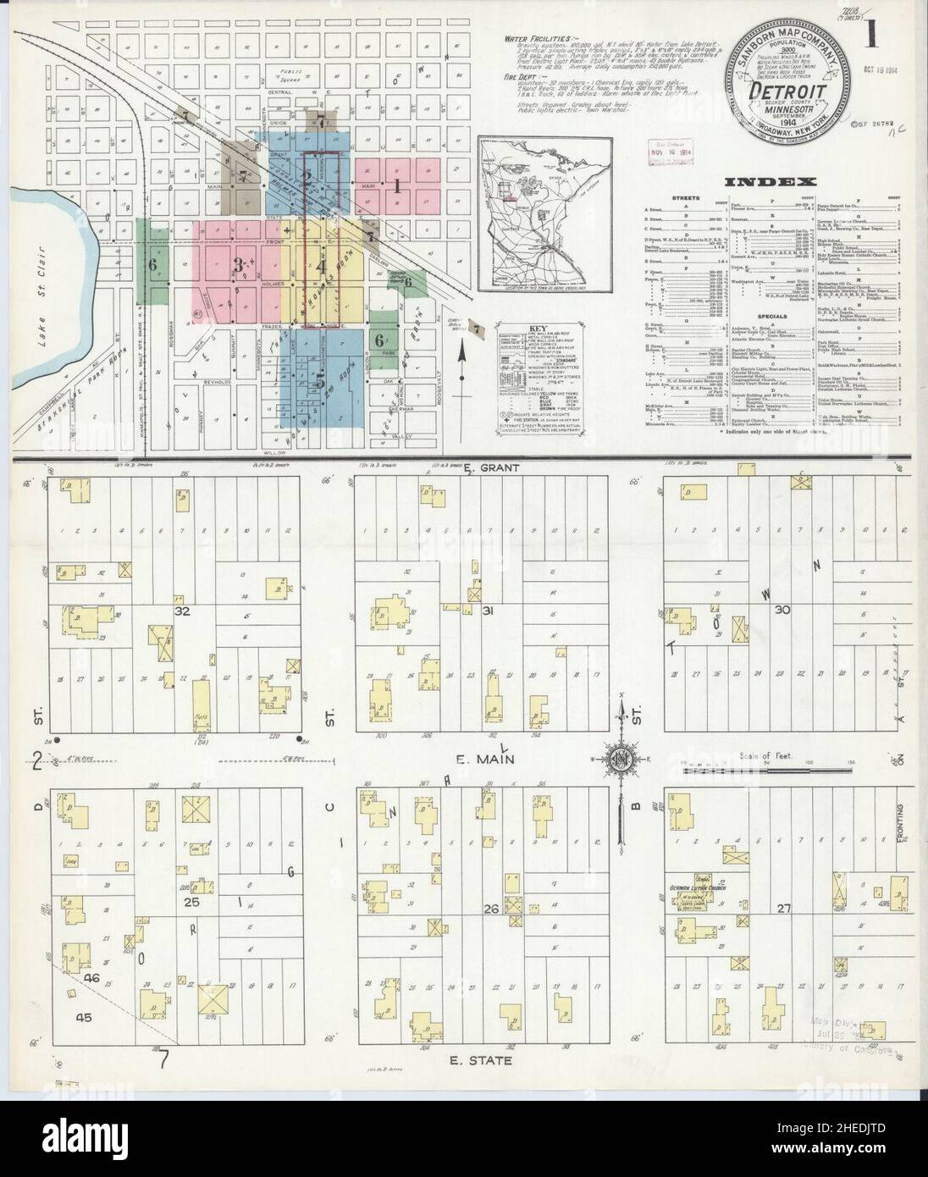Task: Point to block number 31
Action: click(488, 611)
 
